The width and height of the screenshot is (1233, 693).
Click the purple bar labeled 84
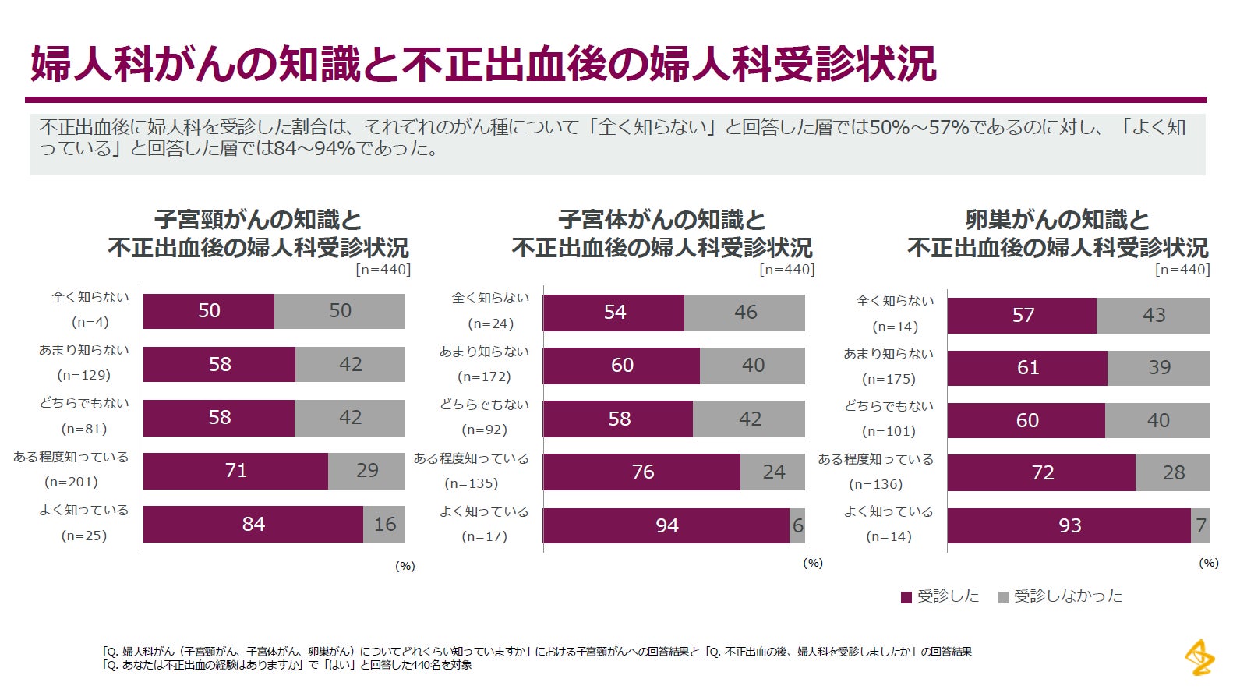253,524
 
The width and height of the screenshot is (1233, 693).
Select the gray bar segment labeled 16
384,524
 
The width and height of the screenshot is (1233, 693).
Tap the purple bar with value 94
666,525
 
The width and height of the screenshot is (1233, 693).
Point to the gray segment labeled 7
1200,526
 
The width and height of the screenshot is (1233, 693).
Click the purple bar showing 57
1023,315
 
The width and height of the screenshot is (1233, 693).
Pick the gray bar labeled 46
745,313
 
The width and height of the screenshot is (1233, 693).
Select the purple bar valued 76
642,472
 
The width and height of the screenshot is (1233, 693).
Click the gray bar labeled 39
1159,367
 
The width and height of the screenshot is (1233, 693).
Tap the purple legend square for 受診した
906,597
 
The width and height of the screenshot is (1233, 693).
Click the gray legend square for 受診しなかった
1004,597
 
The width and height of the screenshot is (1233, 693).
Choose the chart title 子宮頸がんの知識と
258,220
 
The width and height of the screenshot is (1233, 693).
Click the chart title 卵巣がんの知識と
1058,220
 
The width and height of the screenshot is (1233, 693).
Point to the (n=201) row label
72,482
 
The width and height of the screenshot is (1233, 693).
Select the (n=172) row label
484,377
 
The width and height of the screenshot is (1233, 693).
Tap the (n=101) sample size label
889,431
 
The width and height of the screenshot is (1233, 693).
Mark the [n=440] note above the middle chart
787,270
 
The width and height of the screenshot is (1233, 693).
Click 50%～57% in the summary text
919,127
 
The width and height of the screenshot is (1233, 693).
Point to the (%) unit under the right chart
1208,563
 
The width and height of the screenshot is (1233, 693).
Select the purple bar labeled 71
235,471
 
